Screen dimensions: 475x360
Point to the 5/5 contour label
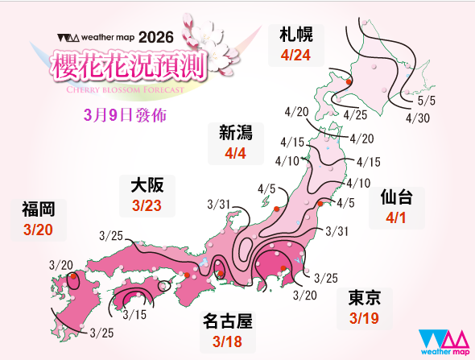point(426,102)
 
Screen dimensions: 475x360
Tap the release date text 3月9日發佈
point(125,115)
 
